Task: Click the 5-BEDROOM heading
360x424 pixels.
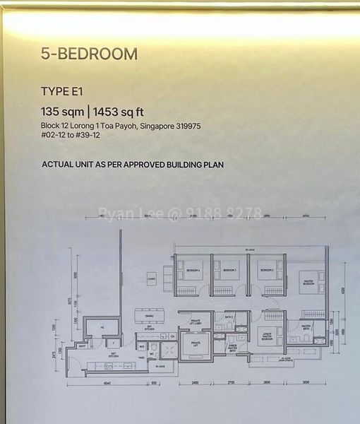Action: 90,54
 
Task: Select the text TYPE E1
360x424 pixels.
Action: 61,90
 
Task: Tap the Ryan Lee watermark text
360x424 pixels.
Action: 180,213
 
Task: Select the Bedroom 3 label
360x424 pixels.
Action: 229,271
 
